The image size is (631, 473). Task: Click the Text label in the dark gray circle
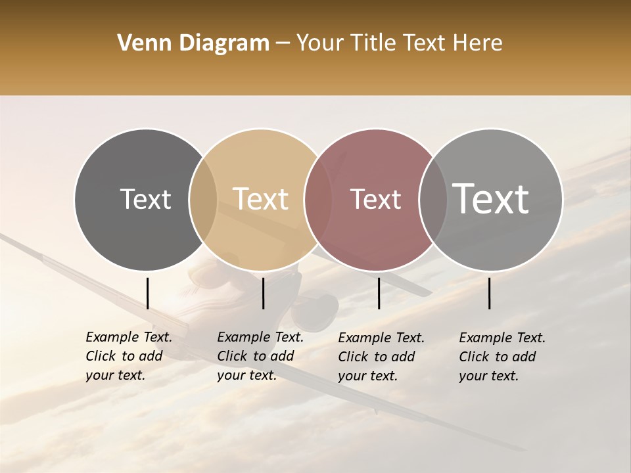pyautogui.click(x=145, y=199)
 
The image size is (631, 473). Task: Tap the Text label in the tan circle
pyautogui.click(x=260, y=199)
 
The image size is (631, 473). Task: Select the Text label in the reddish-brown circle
pyautogui.click(x=375, y=199)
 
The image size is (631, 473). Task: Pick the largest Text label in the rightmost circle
pyautogui.click(x=490, y=199)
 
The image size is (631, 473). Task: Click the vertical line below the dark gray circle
pyautogui.click(x=147, y=293)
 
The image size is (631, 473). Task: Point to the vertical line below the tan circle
pyautogui.click(x=263, y=293)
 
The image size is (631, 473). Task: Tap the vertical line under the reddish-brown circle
pyautogui.click(x=379, y=293)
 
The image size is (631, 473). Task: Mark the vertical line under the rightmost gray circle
pyautogui.click(x=490, y=293)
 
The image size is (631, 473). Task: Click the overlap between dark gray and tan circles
pyautogui.click(x=203, y=199)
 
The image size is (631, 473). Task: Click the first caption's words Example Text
pyautogui.click(x=129, y=337)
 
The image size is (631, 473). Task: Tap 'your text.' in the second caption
pyautogui.click(x=246, y=375)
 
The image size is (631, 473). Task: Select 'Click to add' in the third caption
pyautogui.click(x=377, y=357)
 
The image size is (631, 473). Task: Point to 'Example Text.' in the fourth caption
pyautogui.click(x=502, y=338)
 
